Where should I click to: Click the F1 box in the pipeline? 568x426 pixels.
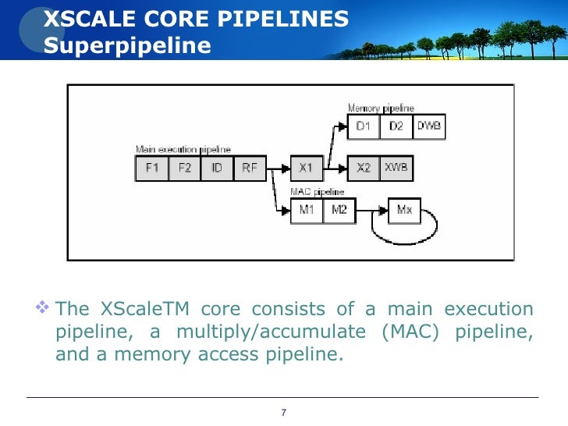pyautogui.click(x=151, y=168)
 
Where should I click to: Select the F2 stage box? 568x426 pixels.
pyautogui.click(x=184, y=168)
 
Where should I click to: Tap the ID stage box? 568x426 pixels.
pyautogui.click(x=216, y=168)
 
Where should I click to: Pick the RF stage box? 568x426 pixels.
pyautogui.click(x=249, y=168)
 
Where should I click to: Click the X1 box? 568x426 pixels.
pyautogui.click(x=306, y=168)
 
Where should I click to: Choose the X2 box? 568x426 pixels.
pyautogui.click(x=364, y=168)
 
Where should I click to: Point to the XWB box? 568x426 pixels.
pyautogui.click(x=396, y=168)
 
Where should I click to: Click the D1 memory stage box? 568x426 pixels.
pyautogui.click(x=364, y=126)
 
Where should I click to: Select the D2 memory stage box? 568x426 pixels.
pyautogui.click(x=396, y=126)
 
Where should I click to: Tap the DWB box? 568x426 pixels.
pyautogui.click(x=428, y=126)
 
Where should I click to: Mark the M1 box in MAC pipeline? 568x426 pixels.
pyautogui.click(x=306, y=210)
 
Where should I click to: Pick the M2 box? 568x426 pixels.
pyautogui.click(x=339, y=210)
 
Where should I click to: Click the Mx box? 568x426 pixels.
pyautogui.click(x=404, y=210)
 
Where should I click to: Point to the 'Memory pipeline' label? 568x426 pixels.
pyautogui.click(x=381, y=108)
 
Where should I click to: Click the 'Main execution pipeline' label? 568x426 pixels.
pyautogui.click(x=183, y=150)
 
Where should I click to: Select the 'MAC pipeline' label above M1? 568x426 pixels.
pyautogui.click(x=317, y=191)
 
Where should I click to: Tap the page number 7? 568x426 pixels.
pyautogui.click(x=283, y=412)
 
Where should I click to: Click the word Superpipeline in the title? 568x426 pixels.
pyautogui.click(x=127, y=45)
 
